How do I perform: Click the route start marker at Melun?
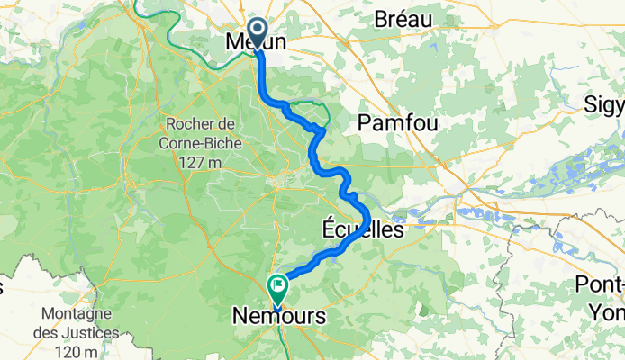click(x=257, y=33)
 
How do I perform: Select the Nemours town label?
click(x=278, y=317)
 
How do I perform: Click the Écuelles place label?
click(x=363, y=230)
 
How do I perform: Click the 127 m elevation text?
click(x=201, y=163)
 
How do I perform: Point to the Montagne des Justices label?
click(x=81, y=323)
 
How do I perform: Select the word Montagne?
click(x=80, y=314)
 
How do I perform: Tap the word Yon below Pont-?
click(x=607, y=312)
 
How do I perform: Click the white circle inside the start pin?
click(x=257, y=28)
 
